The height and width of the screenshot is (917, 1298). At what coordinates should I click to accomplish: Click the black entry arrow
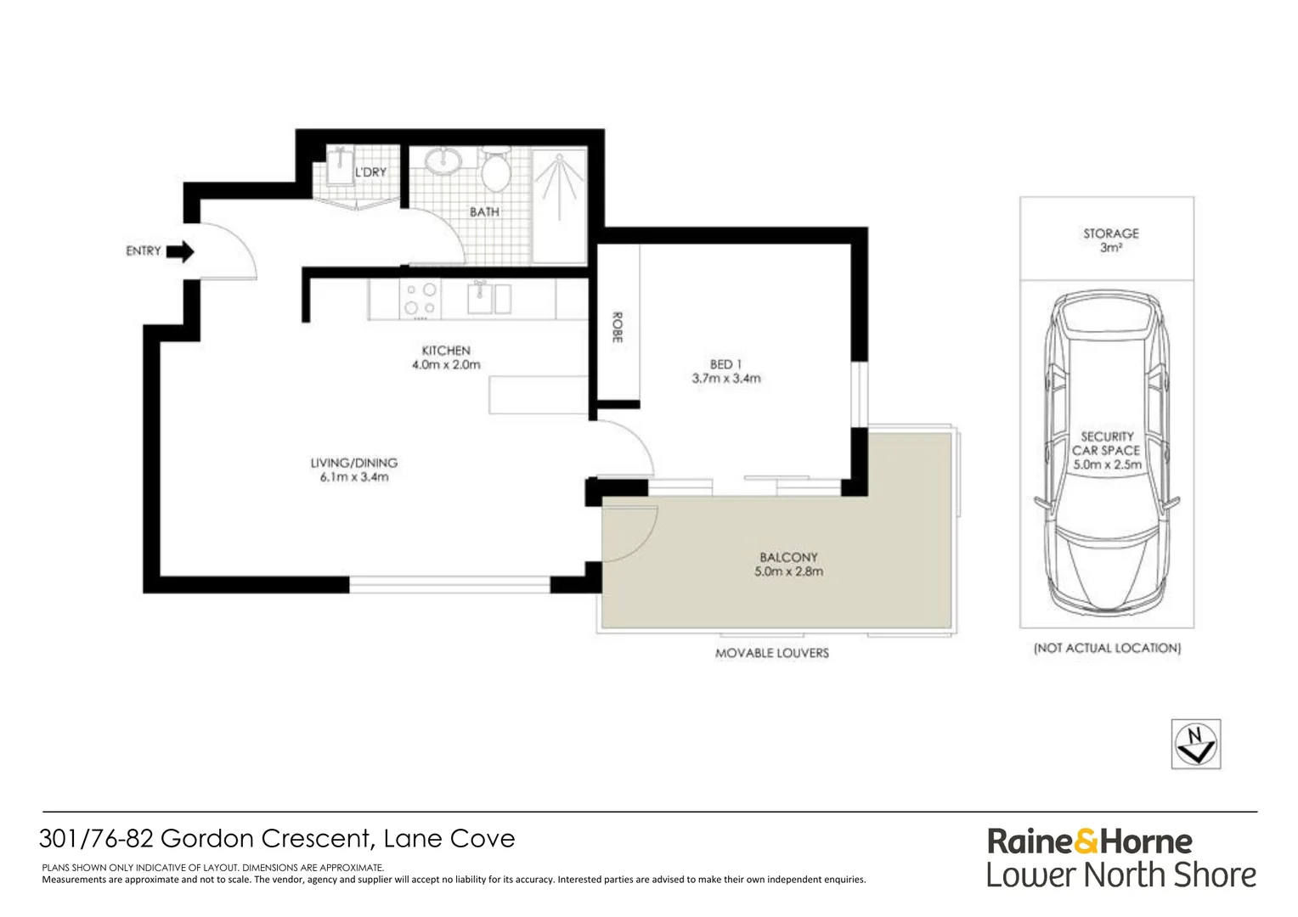click(180, 251)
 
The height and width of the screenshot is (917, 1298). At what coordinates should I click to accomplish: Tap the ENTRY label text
click(143, 251)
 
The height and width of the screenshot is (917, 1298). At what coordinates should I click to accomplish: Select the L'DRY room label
click(370, 172)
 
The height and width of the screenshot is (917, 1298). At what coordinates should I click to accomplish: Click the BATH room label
click(484, 212)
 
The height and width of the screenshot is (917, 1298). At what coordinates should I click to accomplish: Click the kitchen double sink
click(489, 298)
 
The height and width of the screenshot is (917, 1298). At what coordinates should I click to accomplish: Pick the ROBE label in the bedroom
click(618, 328)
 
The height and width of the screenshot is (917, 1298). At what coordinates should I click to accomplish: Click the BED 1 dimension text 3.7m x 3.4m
click(726, 379)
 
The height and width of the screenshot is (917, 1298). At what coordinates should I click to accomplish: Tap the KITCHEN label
click(446, 351)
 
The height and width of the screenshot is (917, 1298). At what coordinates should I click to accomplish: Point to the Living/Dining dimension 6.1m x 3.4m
click(354, 477)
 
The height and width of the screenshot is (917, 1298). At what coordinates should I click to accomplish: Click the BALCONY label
click(788, 558)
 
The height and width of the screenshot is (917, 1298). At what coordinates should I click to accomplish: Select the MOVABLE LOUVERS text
click(771, 653)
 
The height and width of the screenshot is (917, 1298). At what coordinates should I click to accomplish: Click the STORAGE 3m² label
click(1110, 240)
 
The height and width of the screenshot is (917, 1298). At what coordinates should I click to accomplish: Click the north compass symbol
click(1196, 744)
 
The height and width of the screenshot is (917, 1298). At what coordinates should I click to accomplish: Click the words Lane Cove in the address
click(449, 839)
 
